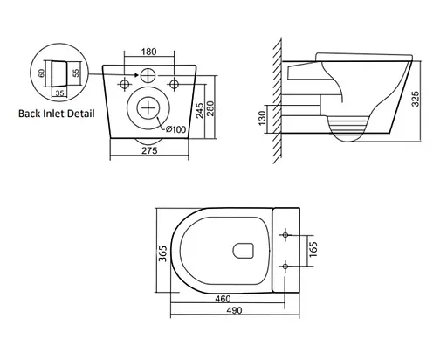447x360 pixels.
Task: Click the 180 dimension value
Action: click(x=149, y=52)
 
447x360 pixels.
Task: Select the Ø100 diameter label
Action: click(x=173, y=130)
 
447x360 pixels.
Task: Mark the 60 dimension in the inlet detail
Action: click(x=40, y=78)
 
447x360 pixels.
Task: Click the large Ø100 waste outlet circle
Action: click(x=149, y=109)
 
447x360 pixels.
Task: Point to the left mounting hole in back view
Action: click(x=124, y=85)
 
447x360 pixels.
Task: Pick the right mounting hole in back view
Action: click(x=175, y=85)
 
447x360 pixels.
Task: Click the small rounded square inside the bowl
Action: click(x=243, y=253)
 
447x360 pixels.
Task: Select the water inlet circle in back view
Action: click(x=149, y=76)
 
